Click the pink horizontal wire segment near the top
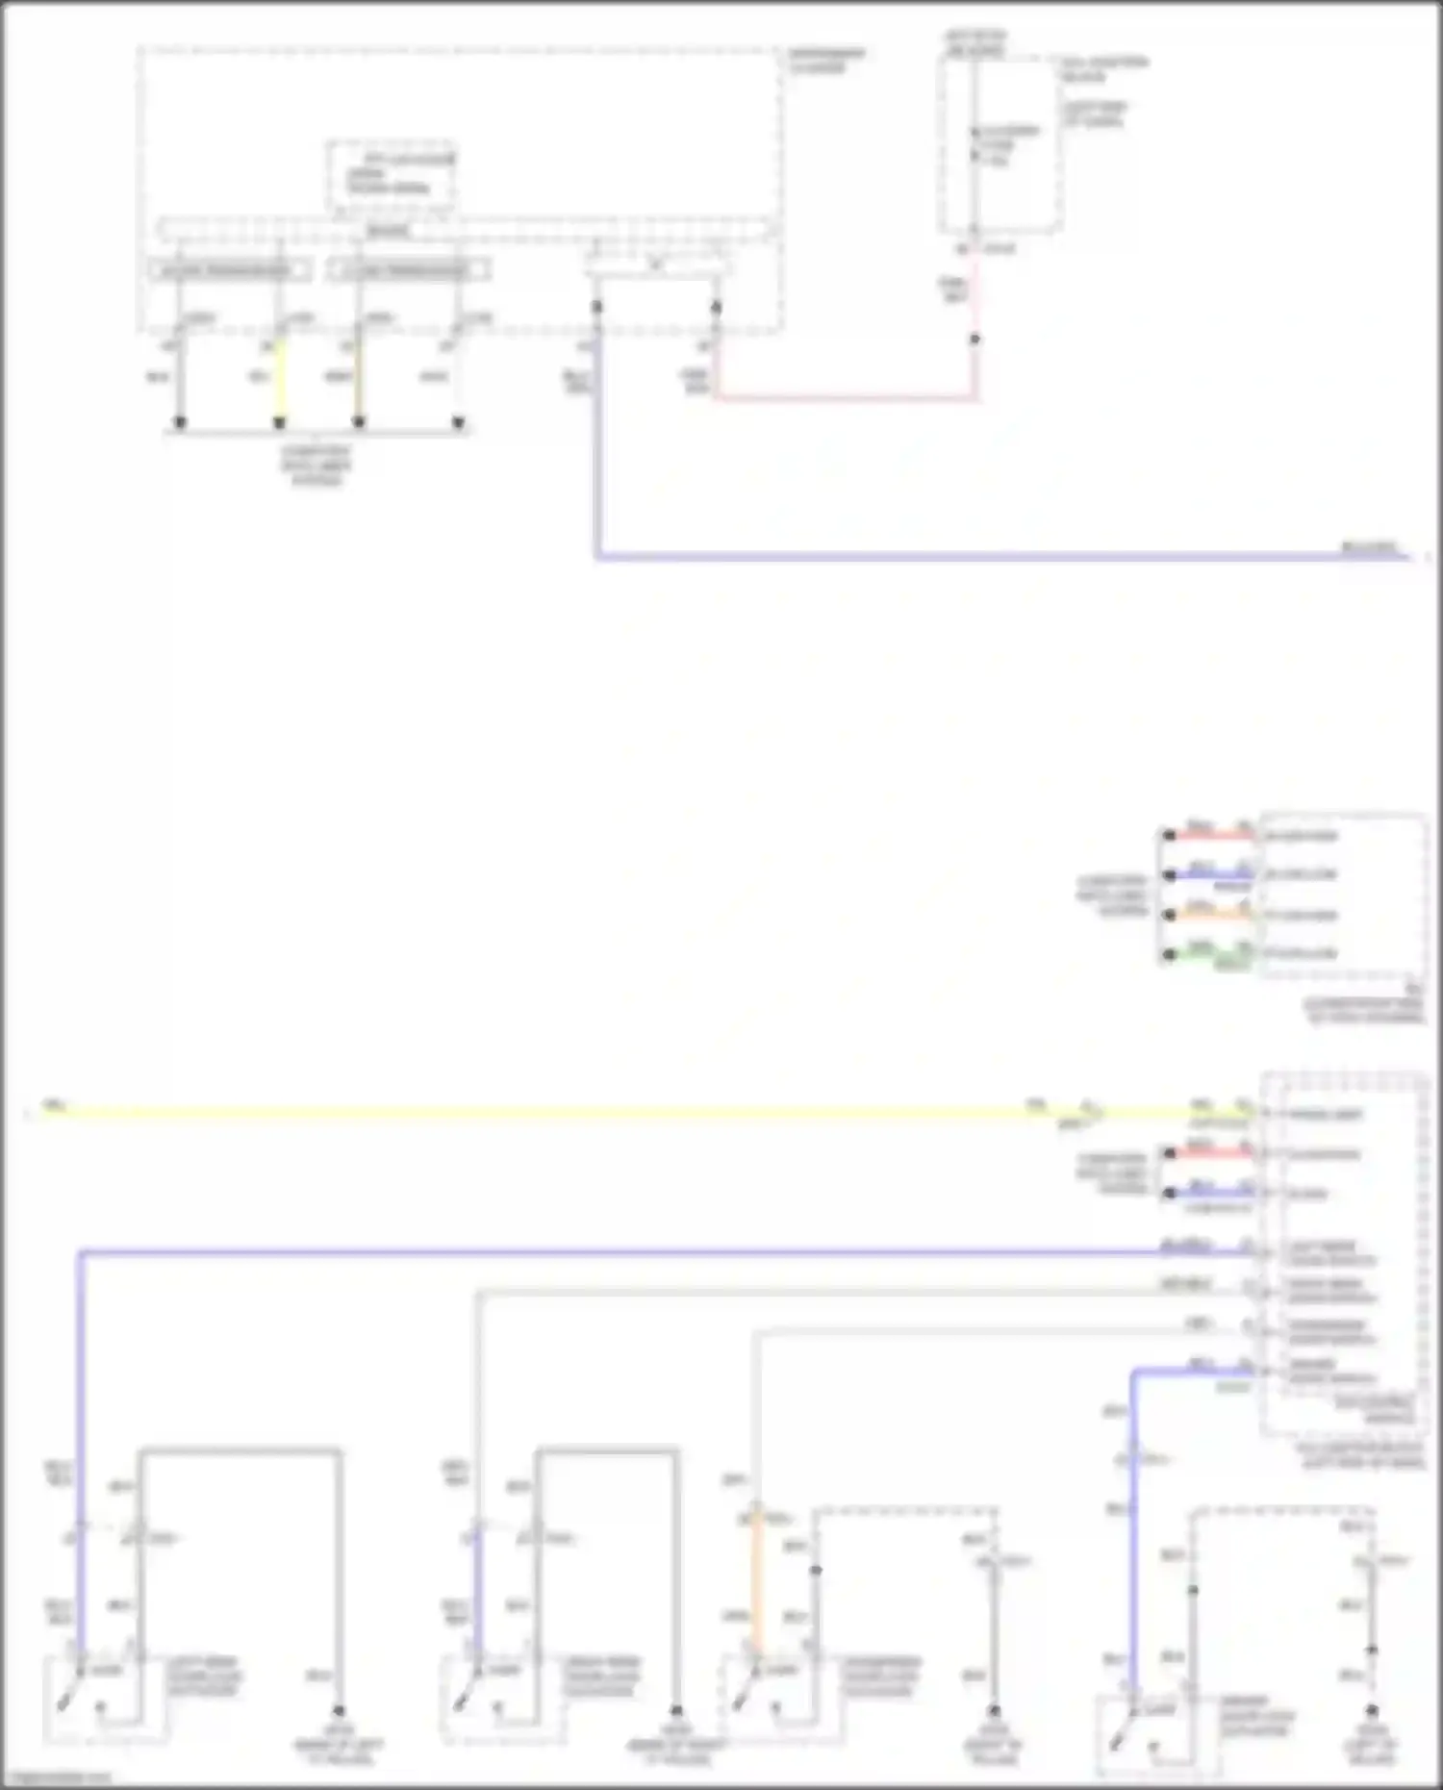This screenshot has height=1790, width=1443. (x=847, y=396)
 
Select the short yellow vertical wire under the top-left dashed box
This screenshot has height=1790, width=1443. (x=280, y=380)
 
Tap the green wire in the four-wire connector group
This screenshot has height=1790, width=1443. (x=1212, y=954)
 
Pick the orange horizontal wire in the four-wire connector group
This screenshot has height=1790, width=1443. (x=1212, y=915)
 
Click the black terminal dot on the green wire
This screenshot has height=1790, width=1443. (x=1169, y=954)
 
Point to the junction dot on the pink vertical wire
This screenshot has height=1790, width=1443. (x=975, y=340)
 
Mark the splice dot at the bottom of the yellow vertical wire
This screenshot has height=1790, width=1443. (x=280, y=422)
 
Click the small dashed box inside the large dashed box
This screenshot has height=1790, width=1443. (x=391, y=176)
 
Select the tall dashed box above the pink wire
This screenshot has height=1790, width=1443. (x=1000, y=144)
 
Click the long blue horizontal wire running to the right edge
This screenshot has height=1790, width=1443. (x=962, y=556)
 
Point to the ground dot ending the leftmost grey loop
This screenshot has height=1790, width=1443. (x=339, y=1711)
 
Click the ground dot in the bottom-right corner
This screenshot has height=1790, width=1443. (x=1372, y=1711)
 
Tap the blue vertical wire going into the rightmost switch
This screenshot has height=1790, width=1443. (x=1133, y=1539)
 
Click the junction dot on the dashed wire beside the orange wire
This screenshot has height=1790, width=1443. (x=816, y=1570)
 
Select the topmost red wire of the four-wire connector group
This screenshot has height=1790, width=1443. (x=1212, y=835)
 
